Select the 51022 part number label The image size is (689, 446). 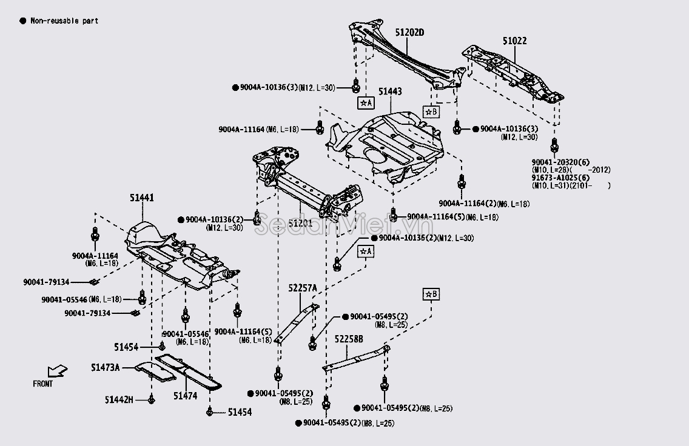point(514,41)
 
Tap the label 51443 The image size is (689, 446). point(390,92)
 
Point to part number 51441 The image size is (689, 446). point(141,198)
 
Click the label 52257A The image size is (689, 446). point(303,288)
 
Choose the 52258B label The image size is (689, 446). point(349,340)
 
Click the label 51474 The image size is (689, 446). point(185,396)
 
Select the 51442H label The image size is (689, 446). point(119,399)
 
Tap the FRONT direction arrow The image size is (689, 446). point(58,370)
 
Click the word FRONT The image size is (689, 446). point(43,384)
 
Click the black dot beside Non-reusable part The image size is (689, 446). point(22,21)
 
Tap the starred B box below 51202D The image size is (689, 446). point(431,112)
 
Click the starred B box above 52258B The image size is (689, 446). point(431,295)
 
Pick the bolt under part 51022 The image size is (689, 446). point(554,145)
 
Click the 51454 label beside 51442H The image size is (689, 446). point(240,412)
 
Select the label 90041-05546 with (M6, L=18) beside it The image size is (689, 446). point(64,299)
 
